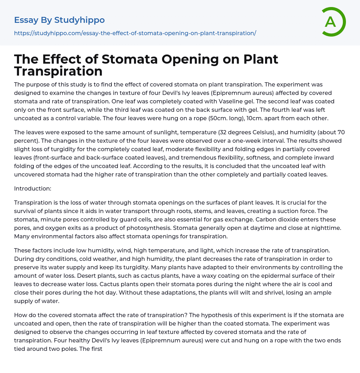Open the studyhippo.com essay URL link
(x=135, y=33)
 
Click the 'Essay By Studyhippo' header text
(x=59, y=20)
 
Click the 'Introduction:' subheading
(x=33, y=188)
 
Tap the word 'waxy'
(x=199, y=276)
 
